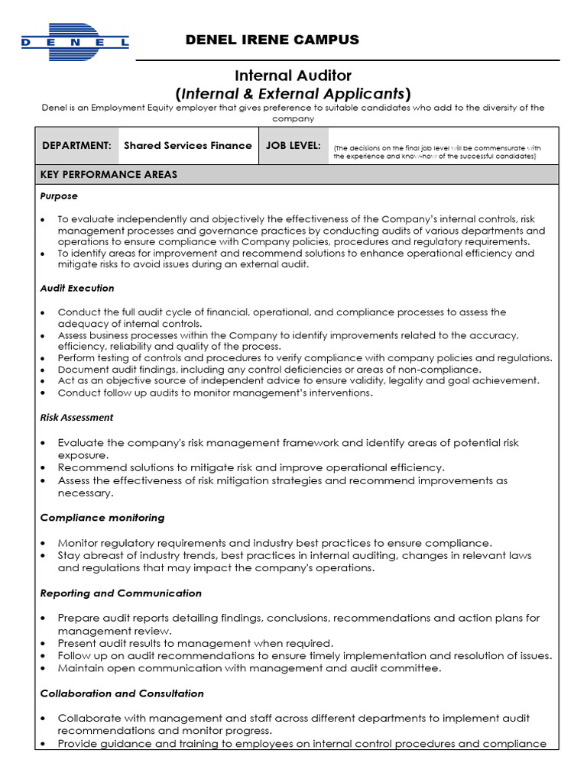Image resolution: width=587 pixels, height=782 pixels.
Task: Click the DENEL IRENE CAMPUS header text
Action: [x=271, y=40]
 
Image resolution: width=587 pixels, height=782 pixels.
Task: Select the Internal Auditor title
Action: [x=293, y=75]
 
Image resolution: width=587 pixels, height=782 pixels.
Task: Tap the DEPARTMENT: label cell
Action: [x=76, y=145]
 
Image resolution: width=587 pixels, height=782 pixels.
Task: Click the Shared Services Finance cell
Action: [x=187, y=145]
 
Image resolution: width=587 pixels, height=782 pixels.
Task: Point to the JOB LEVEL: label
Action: [x=293, y=145]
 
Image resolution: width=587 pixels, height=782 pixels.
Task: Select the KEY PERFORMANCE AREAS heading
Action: [x=109, y=175]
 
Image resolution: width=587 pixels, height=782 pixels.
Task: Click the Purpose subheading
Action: [x=59, y=196]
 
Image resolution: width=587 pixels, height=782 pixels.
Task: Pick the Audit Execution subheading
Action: [x=77, y=288]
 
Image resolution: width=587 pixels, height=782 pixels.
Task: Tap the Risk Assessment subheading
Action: [x=76, y=417]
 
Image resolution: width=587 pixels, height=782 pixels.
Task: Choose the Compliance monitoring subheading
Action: [x=102, y=518]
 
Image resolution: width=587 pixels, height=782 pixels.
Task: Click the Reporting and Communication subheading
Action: [x=121, y=593]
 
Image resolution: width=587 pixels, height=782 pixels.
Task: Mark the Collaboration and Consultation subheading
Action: [x=122, y=693]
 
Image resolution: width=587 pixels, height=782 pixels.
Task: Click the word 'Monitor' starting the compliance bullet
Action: [x=79, y=543]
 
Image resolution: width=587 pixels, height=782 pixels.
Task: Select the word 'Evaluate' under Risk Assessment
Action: [x=80, y=443]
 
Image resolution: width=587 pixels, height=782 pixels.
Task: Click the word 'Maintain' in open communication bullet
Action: [x=80, y=668]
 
